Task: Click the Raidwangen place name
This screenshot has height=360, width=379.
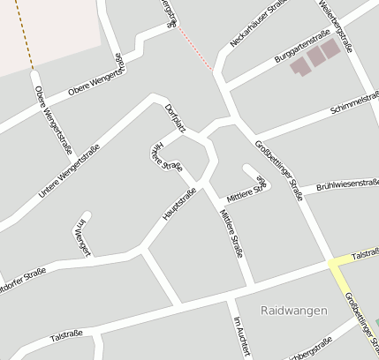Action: coord(294,311)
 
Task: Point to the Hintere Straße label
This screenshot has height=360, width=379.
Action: coord(165,155)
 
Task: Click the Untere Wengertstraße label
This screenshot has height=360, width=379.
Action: coord(69,169)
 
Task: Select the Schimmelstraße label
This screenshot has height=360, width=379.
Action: coord(354,104)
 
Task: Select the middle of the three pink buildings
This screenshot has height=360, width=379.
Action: coord(315,56)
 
